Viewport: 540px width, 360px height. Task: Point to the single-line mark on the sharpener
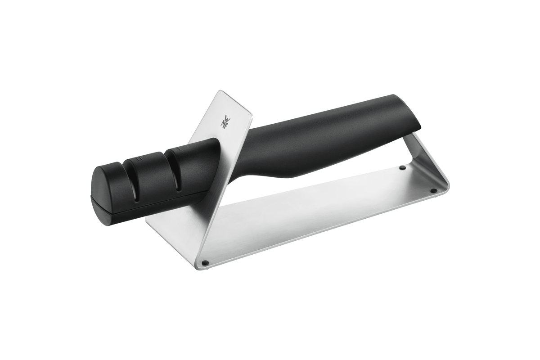coord(178,149)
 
